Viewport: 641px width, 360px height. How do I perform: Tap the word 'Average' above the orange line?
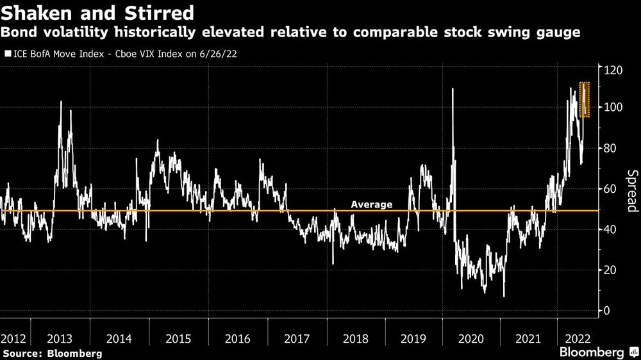pos(371,204)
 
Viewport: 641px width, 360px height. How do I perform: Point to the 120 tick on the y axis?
pos(612,67)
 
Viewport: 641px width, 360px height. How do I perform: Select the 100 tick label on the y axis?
pos(612,107)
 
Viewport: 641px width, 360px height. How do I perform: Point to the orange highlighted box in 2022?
pos(584,99)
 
